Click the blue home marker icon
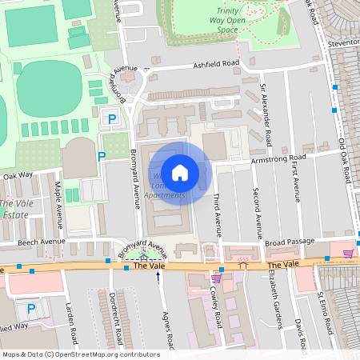point(180,172)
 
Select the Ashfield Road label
point(214,65)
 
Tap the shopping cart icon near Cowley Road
point(216,278)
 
